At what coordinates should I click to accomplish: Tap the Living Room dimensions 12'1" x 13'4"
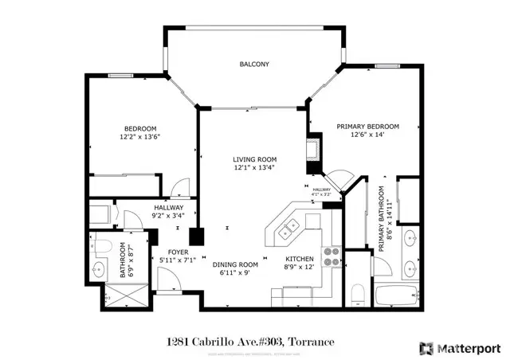255,168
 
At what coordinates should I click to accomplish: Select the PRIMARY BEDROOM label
367,127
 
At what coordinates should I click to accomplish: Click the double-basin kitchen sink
288,232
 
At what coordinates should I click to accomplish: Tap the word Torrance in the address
312,342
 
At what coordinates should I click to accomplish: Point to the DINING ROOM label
235,264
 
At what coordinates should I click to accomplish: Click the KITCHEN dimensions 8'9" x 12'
300,268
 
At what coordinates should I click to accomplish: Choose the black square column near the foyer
196,237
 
